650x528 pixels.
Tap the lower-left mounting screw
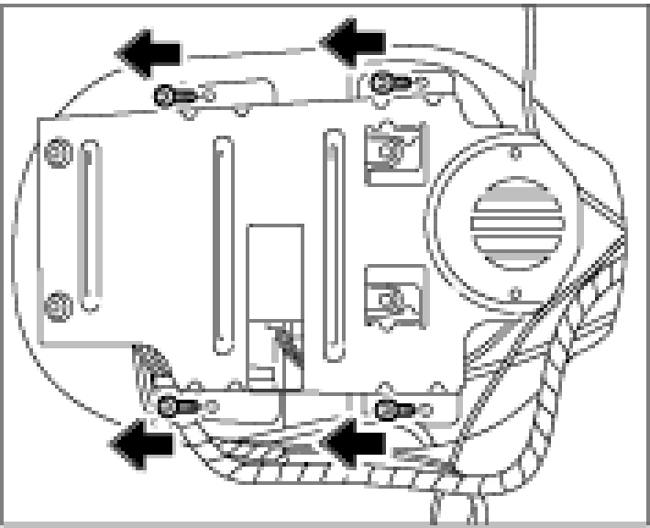(x=175, y=406)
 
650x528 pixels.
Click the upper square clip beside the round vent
(x=394, y=150)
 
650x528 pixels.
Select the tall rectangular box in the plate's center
(x=275, y=302)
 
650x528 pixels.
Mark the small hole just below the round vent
(x=515, y=295)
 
